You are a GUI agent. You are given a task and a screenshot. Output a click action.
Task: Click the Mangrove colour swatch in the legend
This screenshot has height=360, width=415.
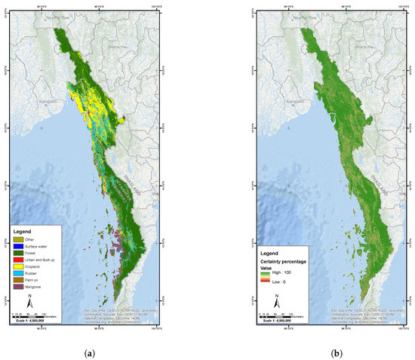[19, 285]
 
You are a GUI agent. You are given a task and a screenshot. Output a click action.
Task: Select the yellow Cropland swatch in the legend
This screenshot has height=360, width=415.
[19, 265]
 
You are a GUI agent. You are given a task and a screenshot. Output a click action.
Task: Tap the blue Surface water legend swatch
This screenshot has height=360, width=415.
[19, 245]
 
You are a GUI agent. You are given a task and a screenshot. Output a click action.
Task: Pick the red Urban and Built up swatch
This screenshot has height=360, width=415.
[19, 258]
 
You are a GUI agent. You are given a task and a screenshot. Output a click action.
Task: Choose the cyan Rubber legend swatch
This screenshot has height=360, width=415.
[19, 272]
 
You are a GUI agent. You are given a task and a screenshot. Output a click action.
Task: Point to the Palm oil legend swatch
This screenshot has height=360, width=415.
[19, 278]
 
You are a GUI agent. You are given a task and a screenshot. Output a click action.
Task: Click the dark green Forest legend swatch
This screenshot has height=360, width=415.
[19, 251]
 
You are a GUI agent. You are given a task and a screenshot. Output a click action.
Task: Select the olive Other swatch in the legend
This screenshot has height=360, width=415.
[19, 238]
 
